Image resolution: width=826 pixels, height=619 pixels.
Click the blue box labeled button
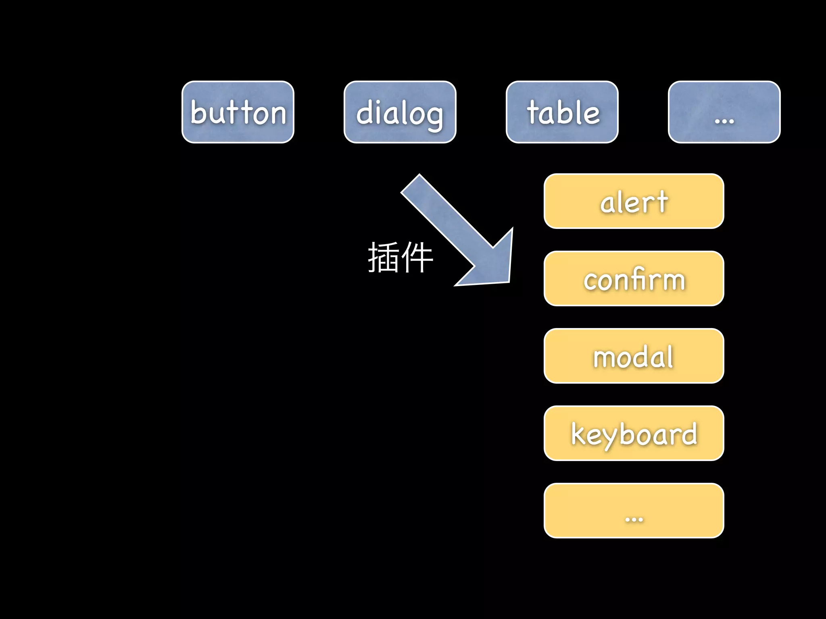coord(238,112)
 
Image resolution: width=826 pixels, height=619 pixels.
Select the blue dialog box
coord(400,112)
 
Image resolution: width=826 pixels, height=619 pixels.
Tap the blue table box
coord(562,112)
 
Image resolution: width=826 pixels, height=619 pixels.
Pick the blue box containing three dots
coord(724,112)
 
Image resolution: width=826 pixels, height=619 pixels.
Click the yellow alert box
coord(634,201)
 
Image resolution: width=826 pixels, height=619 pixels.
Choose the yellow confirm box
coord(634,278)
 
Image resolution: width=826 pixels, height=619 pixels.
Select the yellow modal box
coord(634,356)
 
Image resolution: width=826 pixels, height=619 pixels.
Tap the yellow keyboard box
coord(634,433)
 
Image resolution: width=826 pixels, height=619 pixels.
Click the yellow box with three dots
coord(634,511)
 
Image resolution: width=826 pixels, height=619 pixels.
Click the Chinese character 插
coord(383,258)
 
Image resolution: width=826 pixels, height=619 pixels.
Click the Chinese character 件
coord(417,258)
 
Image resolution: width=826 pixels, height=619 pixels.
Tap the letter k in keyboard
coord(579,434)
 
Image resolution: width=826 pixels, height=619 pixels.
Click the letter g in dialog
coord(433,117)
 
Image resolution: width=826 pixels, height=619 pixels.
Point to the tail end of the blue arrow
coord(411,184)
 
